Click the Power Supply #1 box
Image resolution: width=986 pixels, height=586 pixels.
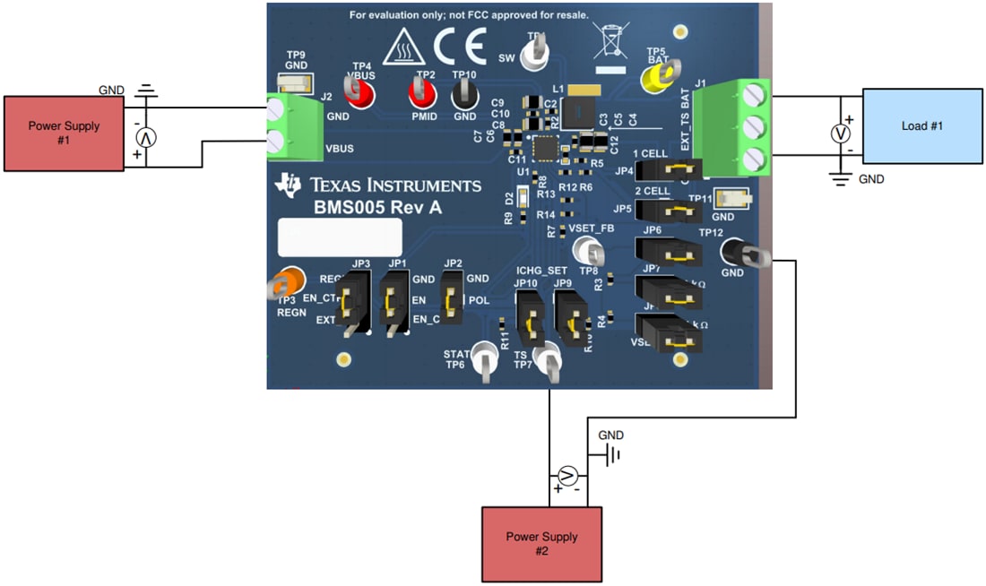point(63,133)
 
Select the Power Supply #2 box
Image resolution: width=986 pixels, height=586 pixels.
point(541,543)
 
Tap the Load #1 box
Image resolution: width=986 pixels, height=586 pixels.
point(921,125)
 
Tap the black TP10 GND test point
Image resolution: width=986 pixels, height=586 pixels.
point(463,92)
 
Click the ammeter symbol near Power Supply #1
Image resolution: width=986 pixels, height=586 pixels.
point(145,137)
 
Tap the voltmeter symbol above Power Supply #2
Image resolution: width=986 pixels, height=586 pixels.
point(566,475)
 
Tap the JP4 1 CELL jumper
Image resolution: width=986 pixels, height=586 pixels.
point(676,168)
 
